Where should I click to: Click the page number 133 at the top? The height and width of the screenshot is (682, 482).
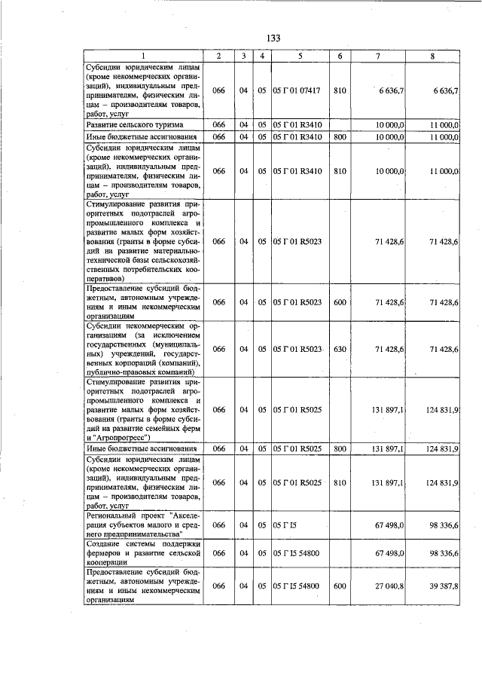click(x=273, y=39)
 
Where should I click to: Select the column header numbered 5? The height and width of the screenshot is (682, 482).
click(x=299, y=57)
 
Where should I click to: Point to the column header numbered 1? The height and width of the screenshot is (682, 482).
click(x=142, y=57)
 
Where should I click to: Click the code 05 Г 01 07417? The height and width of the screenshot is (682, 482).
click(x=297, y=90)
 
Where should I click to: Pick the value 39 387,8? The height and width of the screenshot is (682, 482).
click(x=442, y=586)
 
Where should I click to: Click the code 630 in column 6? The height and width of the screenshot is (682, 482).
click(x=340, y=349)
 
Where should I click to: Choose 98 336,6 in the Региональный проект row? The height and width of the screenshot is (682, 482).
click(x=442, y=524)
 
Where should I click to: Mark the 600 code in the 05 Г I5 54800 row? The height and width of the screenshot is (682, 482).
click(x=340, y=586)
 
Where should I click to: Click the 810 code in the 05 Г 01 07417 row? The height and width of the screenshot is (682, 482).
click(x=340, y=90)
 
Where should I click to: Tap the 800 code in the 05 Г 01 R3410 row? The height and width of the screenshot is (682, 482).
click(x=340, y=137)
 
